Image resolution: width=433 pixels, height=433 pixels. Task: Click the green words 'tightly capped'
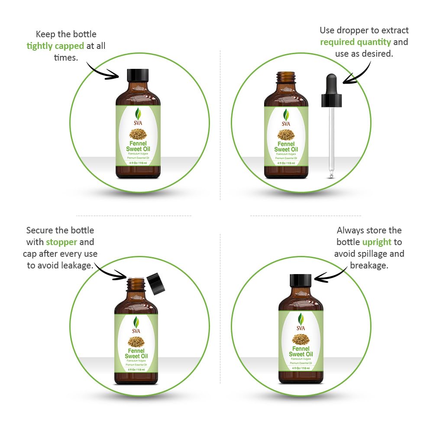55,46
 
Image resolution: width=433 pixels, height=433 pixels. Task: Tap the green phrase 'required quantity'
355,42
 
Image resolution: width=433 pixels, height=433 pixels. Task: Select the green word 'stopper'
61,242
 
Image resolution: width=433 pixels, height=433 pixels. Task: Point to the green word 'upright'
377,242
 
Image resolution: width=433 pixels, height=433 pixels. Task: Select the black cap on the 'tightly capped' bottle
138,75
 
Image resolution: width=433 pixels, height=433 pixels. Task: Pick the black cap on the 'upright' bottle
301,281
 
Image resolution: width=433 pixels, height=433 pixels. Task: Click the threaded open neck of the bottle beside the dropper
286,78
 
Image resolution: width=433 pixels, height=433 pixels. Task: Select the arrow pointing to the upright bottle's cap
331,273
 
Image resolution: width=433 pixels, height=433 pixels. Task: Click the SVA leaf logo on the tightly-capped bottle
138,114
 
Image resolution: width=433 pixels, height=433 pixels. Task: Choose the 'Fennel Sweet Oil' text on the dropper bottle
286,147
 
